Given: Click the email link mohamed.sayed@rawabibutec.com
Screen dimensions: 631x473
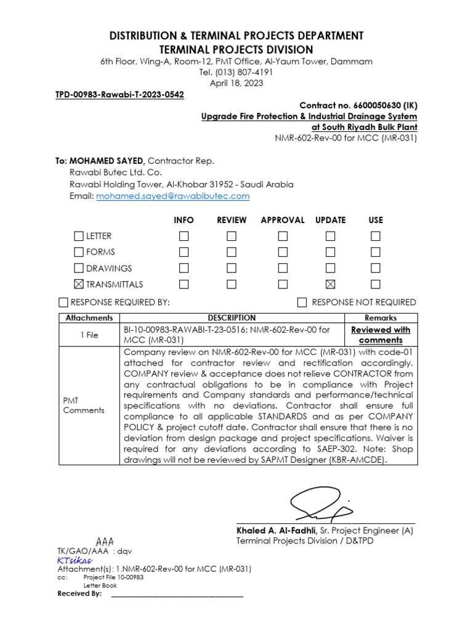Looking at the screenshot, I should pos(172,196).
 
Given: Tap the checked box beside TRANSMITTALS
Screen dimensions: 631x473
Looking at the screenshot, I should pos(78,284).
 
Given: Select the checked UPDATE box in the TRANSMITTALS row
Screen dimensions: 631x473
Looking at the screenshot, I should pos(331,284).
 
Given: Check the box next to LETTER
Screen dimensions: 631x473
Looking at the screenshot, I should pos(78,236).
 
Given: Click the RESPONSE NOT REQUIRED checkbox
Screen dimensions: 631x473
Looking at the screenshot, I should pos(302,302).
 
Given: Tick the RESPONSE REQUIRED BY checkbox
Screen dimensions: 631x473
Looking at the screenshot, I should pos(63,302).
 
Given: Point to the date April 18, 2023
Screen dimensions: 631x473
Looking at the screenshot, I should pos(236,83).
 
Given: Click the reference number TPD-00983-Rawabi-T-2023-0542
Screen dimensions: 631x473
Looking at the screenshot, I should pos(120,95).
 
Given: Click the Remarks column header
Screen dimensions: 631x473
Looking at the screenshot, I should pos(380,318).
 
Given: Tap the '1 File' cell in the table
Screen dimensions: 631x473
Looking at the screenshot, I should pos(89,335).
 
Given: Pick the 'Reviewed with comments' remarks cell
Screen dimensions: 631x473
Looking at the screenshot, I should pos(380,335).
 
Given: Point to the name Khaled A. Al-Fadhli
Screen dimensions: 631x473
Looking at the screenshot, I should pos(276,531).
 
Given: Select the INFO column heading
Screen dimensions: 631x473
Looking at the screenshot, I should pos(184,220).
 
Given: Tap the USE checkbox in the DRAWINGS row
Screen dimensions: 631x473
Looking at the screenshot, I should pos(376,268).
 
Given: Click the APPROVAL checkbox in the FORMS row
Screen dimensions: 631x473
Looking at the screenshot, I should pos(283,252).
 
